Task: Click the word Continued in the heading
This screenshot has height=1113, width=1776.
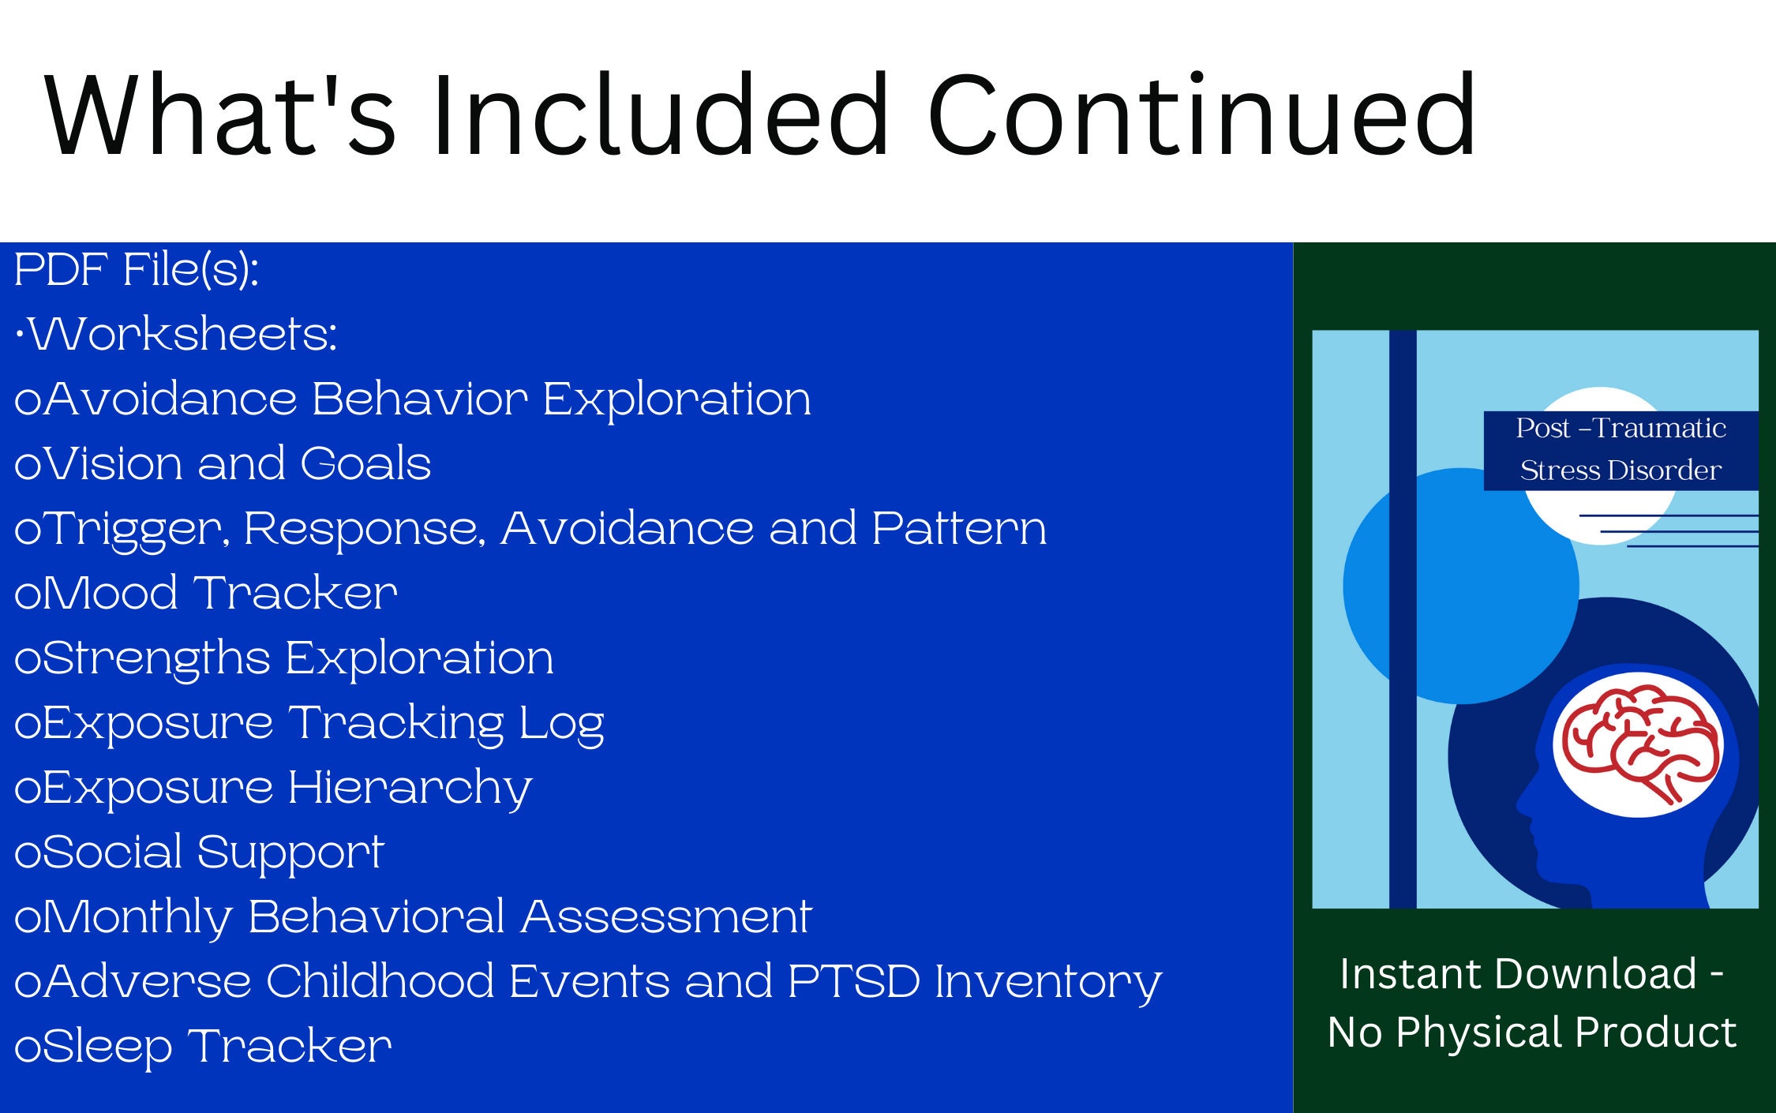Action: tap(1201, 115)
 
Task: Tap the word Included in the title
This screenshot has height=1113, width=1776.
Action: tap(661, 115)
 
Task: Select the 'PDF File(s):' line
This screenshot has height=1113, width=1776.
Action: tap(137, 271)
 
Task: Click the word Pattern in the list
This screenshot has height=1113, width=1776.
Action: tap(959, 529)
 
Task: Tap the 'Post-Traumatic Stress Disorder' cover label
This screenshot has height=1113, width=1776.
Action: tap(1621, 450)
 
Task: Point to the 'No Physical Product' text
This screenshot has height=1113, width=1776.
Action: tap(1532, 1032)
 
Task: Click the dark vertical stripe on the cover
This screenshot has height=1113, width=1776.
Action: tap(1403, 619)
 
